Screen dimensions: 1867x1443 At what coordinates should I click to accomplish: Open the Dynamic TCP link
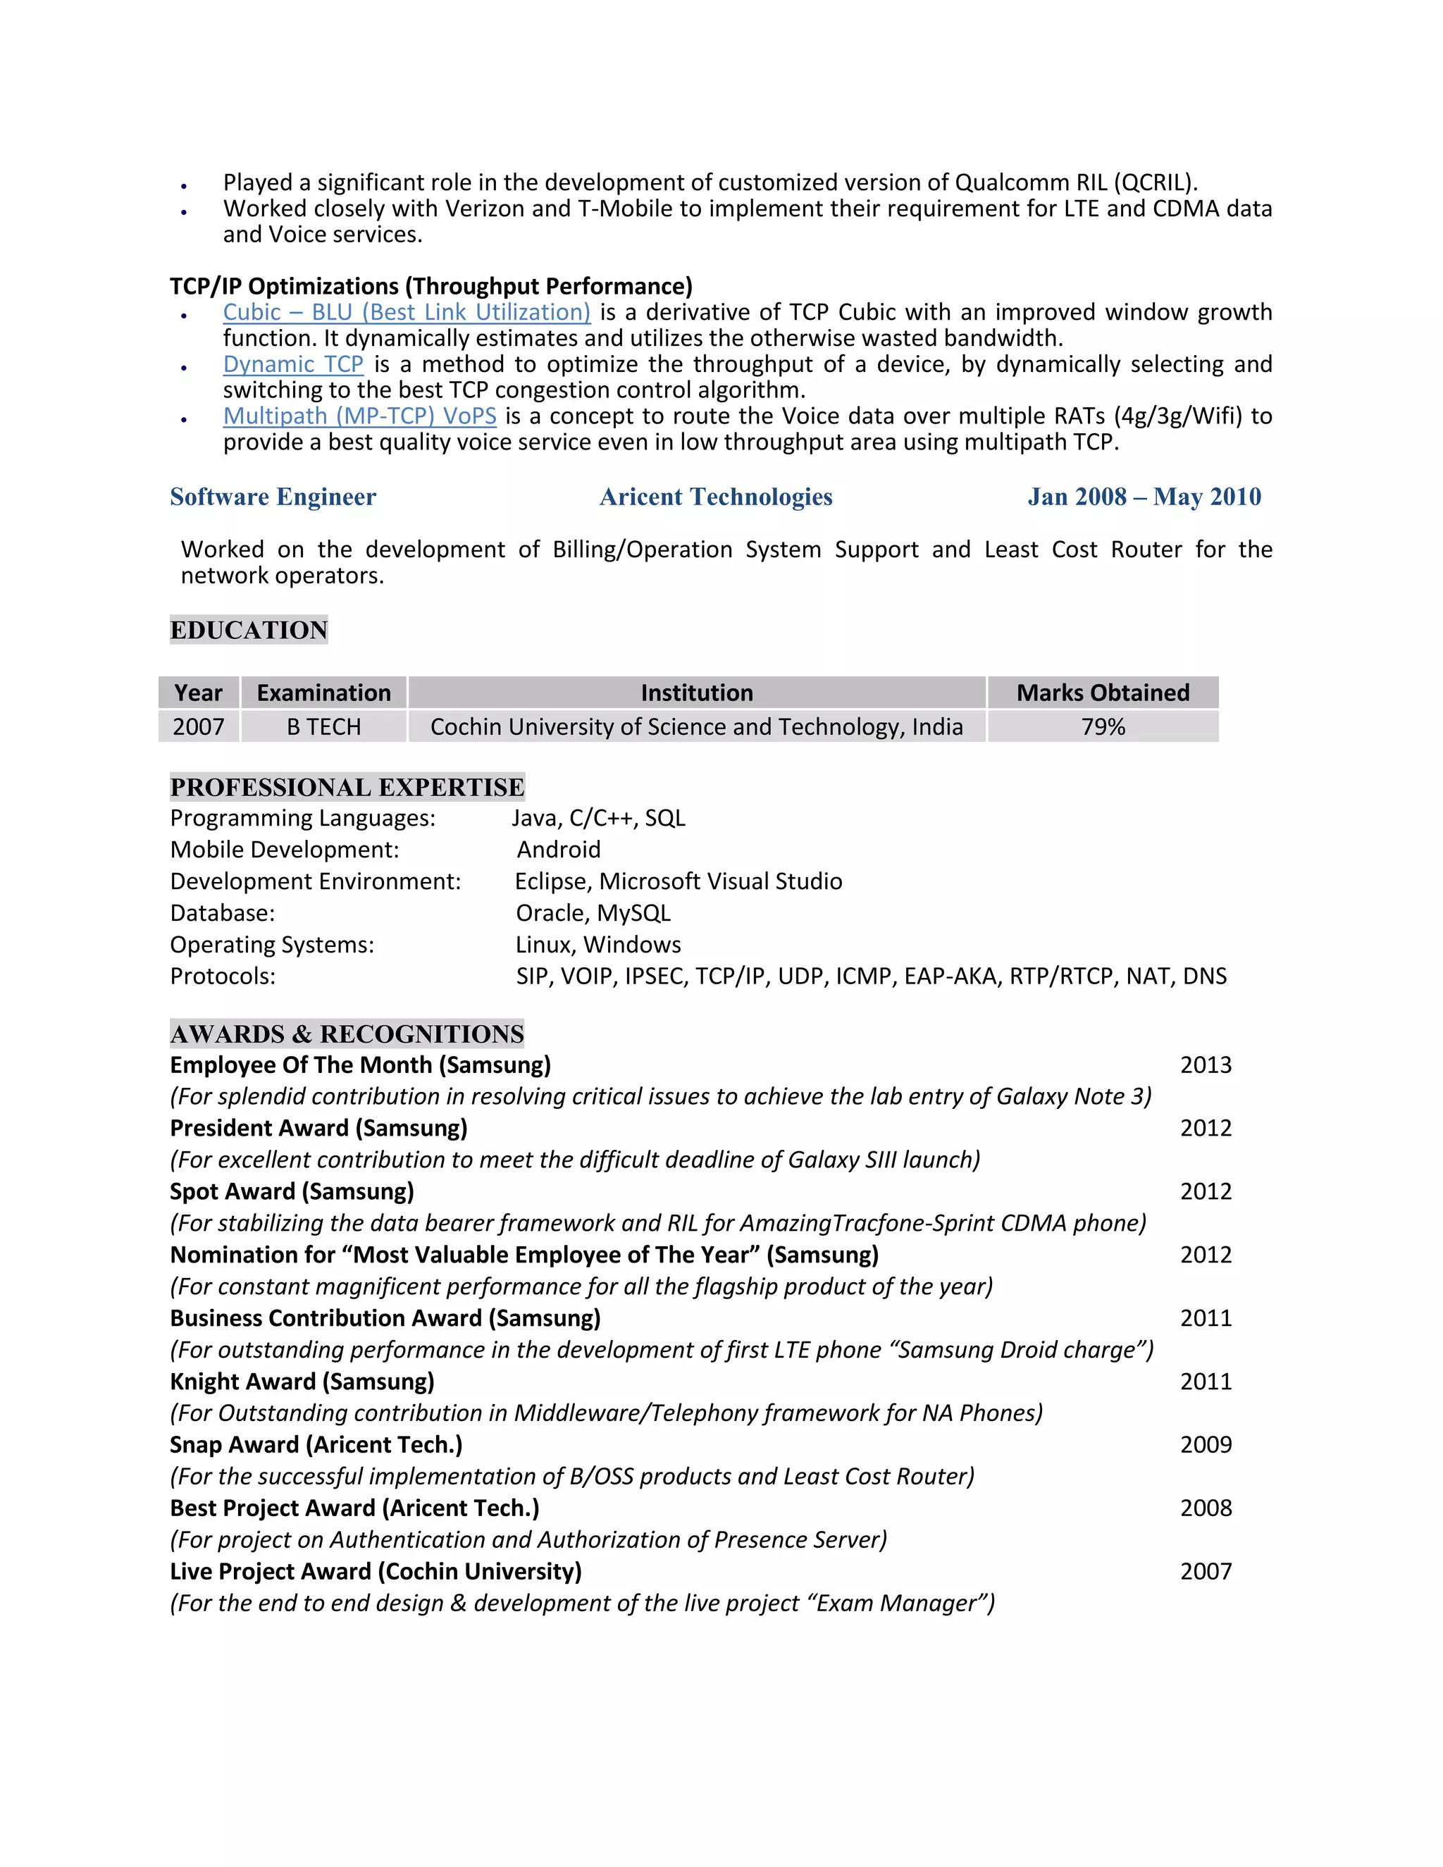292,364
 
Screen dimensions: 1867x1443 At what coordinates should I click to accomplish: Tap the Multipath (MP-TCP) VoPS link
359,416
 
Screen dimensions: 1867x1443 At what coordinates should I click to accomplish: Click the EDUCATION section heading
249,630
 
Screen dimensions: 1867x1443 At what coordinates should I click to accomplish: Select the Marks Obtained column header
1102,693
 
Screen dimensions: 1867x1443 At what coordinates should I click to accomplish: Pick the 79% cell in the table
1102,726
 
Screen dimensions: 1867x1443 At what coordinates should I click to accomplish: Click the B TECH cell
323,726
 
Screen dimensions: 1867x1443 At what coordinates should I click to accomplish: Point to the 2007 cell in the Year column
198,726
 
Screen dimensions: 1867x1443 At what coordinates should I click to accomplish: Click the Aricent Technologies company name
716,497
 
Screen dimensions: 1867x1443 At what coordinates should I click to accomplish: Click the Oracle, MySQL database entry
593,913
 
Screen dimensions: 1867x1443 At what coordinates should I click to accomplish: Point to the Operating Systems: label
272,945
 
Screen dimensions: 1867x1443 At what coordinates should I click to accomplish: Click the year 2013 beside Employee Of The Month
1206,1065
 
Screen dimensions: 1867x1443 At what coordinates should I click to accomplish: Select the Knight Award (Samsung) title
302,1382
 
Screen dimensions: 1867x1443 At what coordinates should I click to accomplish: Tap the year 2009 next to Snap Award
1206,1445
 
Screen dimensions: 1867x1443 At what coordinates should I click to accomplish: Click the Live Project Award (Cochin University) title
376,1571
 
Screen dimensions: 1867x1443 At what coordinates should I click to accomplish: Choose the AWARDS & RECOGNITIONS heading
347,1034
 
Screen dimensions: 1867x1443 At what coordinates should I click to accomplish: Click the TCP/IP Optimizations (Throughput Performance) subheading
431,286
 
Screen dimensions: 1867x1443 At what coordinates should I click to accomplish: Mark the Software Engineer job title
273,497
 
